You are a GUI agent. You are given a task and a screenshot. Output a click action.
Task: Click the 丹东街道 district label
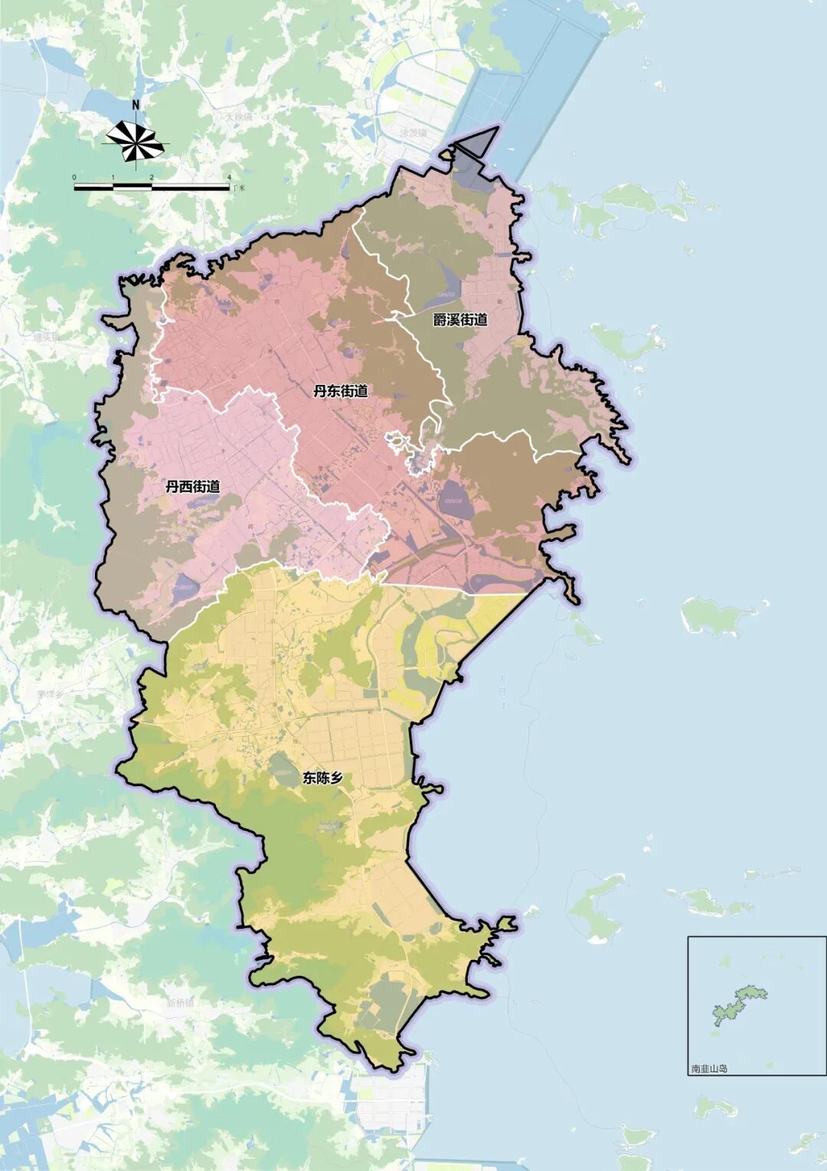pos(340,391)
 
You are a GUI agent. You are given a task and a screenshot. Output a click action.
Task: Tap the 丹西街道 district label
pos(192,486)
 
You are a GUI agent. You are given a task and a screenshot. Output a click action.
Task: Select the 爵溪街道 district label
pos(459,320)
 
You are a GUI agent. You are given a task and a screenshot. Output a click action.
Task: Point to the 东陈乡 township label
pos(322,778)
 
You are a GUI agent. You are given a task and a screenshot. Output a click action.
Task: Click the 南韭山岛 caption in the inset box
pos(708,1069)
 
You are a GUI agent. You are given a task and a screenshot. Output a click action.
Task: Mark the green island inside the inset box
pos(738,1003)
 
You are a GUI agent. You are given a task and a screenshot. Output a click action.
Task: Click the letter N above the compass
pos(136,106)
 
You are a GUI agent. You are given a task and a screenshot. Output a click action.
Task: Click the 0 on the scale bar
pos(74,178)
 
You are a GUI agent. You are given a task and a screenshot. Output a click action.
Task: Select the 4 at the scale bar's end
pos(229,178)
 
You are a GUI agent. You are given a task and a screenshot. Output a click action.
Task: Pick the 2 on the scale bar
pos(152,178)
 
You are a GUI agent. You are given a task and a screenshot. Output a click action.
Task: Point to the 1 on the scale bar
pos(113,178)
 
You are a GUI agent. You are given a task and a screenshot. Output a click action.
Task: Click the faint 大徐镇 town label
pos(238,117)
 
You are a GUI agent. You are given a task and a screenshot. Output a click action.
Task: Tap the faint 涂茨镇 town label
pos(413,132)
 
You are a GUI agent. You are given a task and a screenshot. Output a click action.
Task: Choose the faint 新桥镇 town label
pos(181,1003)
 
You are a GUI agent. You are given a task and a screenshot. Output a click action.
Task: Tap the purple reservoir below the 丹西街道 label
pos(184,588)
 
